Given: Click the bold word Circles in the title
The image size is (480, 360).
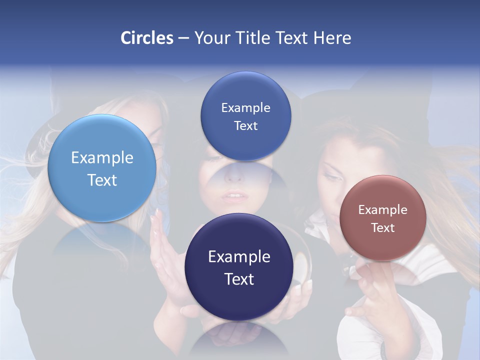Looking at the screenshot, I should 147,38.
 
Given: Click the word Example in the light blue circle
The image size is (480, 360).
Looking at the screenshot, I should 102,158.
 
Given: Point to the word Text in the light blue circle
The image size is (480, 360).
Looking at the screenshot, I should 102,180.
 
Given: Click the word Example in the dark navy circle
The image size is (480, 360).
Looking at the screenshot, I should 239,257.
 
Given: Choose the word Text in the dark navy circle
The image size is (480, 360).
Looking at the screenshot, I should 239,279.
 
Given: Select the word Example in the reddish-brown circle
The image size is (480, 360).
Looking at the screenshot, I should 383,210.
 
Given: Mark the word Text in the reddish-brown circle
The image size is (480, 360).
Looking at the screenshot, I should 383,228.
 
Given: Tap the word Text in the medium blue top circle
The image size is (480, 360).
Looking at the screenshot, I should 245,126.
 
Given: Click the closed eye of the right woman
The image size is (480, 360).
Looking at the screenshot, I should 334,176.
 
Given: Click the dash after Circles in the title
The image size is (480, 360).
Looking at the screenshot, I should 183,38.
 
